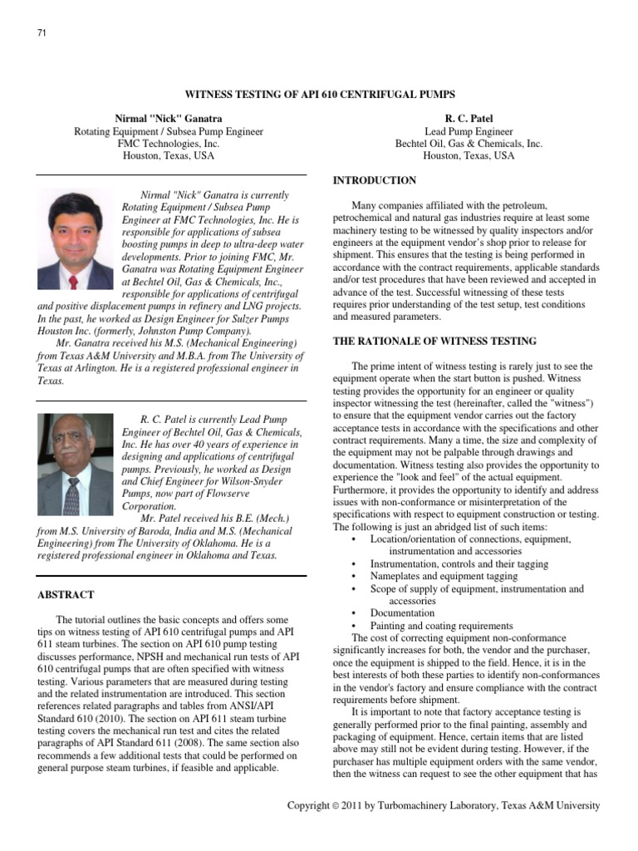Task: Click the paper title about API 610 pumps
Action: (318, 95)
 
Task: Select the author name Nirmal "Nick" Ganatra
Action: (169, 119)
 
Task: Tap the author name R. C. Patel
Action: (469, 119)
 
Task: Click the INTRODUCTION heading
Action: (375, 180)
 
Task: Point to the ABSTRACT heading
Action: (66, 595)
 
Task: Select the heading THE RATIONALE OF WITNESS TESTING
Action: (434, 342)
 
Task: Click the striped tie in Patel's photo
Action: (72, 496)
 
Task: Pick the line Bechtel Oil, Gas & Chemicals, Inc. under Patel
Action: (469, 144)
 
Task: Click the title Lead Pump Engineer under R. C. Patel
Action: (469, 131)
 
